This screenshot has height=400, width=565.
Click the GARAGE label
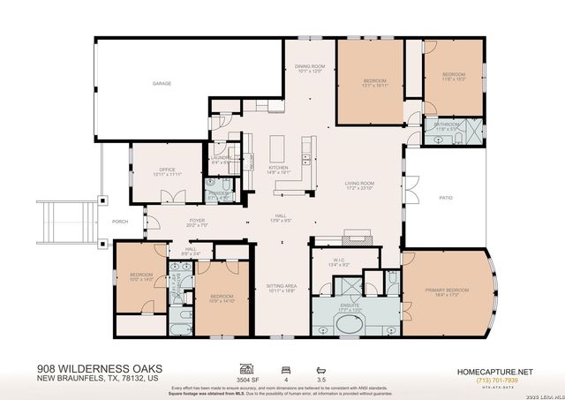(162, 84)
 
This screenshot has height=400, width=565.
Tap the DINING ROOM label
(311, 65)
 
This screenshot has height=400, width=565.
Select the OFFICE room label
(167, 170)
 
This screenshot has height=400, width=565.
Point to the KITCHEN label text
(278, 167)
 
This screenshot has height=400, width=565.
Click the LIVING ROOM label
(359, 184)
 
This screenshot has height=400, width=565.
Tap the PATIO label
(447, 198)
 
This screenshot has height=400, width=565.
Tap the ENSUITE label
(352, 306)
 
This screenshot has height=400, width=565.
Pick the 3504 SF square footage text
(248, 375)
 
